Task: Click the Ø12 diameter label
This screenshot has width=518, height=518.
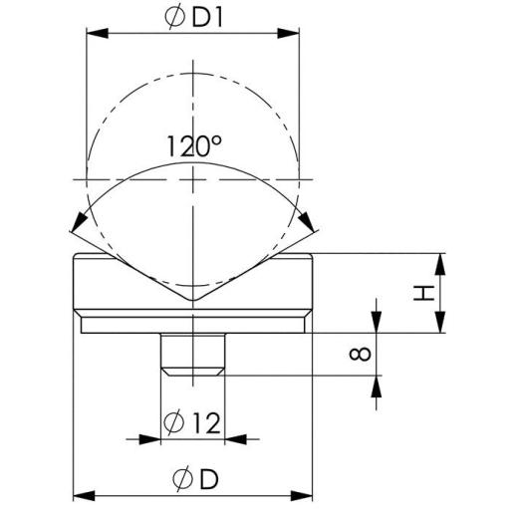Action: click(x=192, y=421)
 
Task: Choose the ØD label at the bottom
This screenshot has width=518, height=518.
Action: click(x=193, y=478)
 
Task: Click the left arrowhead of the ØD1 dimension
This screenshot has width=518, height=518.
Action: click(x=95, y=34)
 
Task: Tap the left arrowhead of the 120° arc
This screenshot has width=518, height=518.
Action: click(x=77, y=227)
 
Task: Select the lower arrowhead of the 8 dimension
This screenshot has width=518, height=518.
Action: click(x=378, y=383)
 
